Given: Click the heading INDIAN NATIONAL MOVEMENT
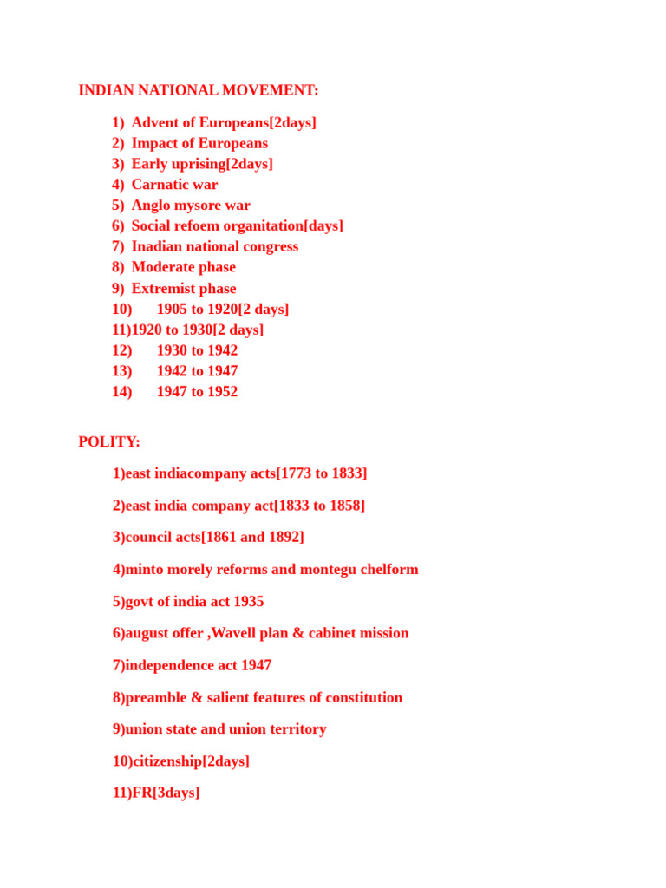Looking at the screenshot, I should click(x=198, y=90).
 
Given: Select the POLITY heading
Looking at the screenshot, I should click(x=108, y=441).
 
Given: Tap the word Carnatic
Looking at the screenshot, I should click(x=160, y=185).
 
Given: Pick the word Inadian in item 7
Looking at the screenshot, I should click(x=160, y=246).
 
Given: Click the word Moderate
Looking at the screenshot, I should click(x=162, y=267).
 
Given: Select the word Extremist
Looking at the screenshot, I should click(x=164, y=289).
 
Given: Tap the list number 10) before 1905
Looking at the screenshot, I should click(x=121, y=310).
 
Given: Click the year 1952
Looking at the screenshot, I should click(x=221, y=392).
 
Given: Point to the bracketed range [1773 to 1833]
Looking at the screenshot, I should click(x=321, y=473).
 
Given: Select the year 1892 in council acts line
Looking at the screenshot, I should click(x=284, y=538).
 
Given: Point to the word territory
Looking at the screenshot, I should click(x=297, y=729).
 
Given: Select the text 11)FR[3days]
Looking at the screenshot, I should click(x=156, y=793).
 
